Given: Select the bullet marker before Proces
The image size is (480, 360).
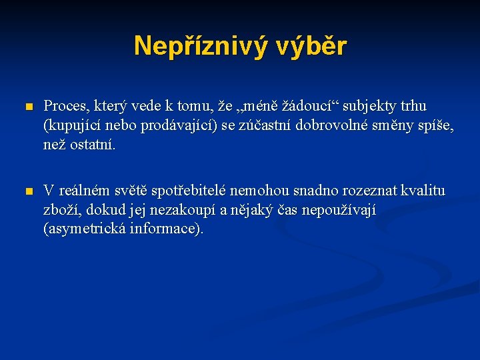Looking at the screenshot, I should (x=27, y=107).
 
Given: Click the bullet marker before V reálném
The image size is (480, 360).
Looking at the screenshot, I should (x=27, y=192).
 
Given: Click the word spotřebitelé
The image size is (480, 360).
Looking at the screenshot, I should (x=189, y=191).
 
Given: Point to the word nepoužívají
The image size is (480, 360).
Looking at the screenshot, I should (x=339, y=210).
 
